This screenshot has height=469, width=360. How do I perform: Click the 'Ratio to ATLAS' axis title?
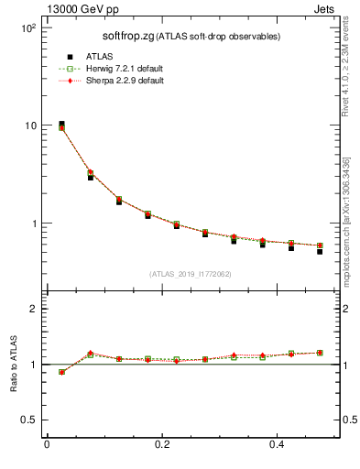tap(13, 364)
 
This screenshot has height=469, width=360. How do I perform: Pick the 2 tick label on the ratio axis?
tap(35, 309)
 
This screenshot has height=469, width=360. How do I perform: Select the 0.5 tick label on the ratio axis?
tap(30, 420)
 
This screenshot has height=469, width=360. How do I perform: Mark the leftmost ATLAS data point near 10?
tap(61, 125)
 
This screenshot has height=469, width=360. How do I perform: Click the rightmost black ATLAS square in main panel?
tap(320, 251)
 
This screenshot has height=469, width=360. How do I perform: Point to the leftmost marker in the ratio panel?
tap(61, 372)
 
